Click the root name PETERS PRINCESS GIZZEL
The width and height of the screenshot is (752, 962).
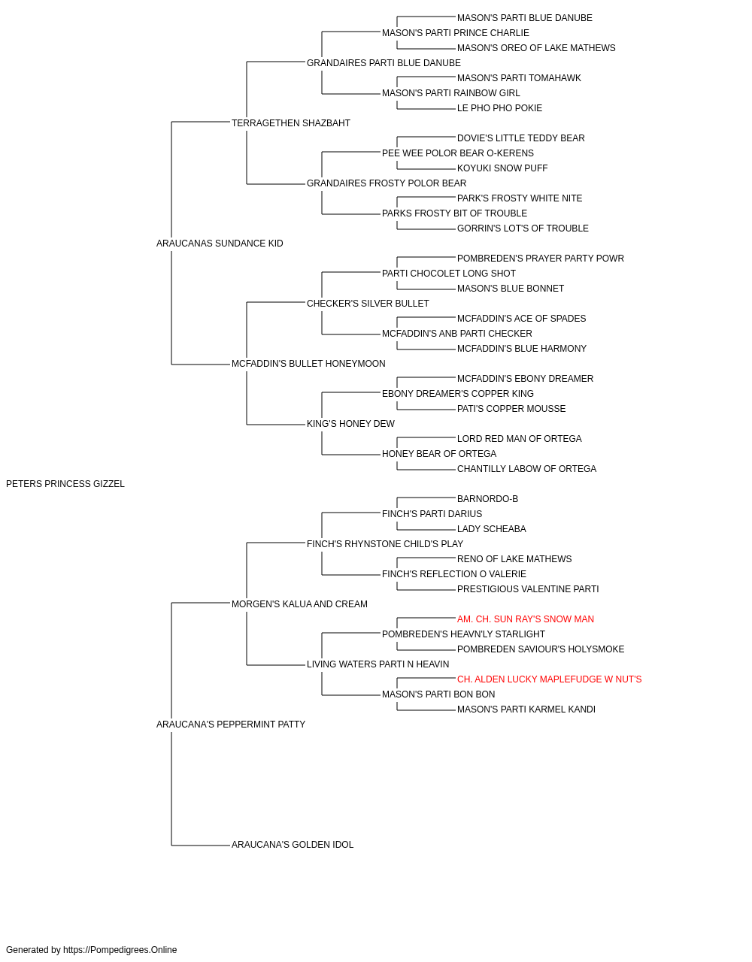pyautogui.click(x=65, y=484)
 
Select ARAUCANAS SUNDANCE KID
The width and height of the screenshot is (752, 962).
pyautogui.click(x=220, y=244)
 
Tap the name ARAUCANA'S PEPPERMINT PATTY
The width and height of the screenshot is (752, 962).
pyautogui.click(x=231, y=725)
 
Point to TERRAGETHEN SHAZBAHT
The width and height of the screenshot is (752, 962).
pyautogui.click(x=291, y=123)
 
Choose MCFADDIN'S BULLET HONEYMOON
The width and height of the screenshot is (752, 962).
pyautogui.click(x=308, y=364)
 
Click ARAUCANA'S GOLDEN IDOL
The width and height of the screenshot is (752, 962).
pyautogui.click(x=293, y=845)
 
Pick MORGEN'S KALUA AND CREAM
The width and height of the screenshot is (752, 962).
pyautogui.click(x=299, y=604)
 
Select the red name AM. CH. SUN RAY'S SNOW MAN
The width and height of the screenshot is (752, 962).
pyautogui.click(x=525, y=619)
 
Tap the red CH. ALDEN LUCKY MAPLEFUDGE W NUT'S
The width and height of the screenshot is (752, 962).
pyautogui.click(x=549, y=679)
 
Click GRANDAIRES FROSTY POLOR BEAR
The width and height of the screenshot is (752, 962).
pyautogui.click(x=387, y=183)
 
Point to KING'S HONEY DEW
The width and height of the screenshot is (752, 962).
pyautogui.click(x=350, y=424)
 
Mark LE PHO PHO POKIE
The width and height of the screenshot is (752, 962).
pyautogui.click(x=499, y=108)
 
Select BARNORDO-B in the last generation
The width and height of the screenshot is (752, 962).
pyautogui.click(x=487, y=499)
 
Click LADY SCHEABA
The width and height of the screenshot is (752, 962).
pyautogui.click(x=492, y=529)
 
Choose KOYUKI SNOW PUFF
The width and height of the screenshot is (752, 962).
pyautogui.click(x=502, y=168)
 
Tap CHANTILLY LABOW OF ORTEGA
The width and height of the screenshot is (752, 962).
pyautogui.click(x=526, y=469)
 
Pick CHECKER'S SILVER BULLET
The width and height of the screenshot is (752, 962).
pyautogui.click(x=368, y=304)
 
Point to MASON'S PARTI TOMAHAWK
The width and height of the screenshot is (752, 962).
pyautogui.click(x=519, y=78)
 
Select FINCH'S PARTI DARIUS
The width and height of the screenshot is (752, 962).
pyautogui.click(x=432, y=514)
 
